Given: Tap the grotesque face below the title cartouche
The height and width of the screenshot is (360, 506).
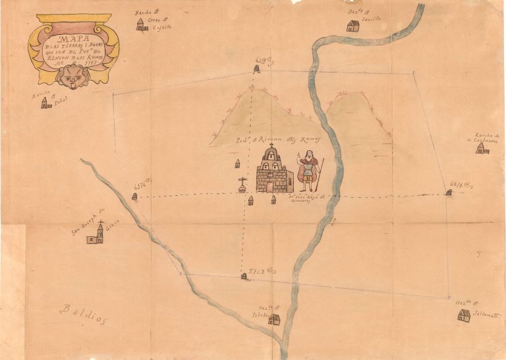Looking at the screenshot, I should [x=68, y=76].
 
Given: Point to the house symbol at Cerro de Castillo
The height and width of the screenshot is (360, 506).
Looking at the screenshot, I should [x=140, y=25].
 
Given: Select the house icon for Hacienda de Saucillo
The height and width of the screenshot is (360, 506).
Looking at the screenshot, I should [x=353, y=26].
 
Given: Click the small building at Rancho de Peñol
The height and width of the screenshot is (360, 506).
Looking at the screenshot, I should [x=45, y=104].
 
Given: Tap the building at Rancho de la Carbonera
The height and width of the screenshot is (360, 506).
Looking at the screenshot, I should [x=482, y=149].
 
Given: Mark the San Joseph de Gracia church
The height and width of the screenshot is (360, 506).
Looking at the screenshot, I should [x=96, y=235].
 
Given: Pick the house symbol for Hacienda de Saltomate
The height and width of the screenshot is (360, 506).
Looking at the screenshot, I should [x=464, y=315].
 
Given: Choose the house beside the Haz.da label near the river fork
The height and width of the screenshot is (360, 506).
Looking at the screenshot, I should [x=274, y=320].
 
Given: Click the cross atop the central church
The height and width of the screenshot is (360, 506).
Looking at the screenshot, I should [x=270, y=146].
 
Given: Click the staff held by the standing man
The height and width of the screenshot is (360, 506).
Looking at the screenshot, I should [x=321, y=175].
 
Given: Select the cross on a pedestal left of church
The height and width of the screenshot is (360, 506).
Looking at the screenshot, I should [x=242, y=185].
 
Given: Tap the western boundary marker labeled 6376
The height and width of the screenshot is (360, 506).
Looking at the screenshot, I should [x=134, y=196].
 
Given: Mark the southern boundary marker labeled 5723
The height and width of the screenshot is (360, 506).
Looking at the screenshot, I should [x=244, y=276].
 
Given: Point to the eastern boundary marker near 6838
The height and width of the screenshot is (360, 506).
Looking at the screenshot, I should [x=449, y=193].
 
